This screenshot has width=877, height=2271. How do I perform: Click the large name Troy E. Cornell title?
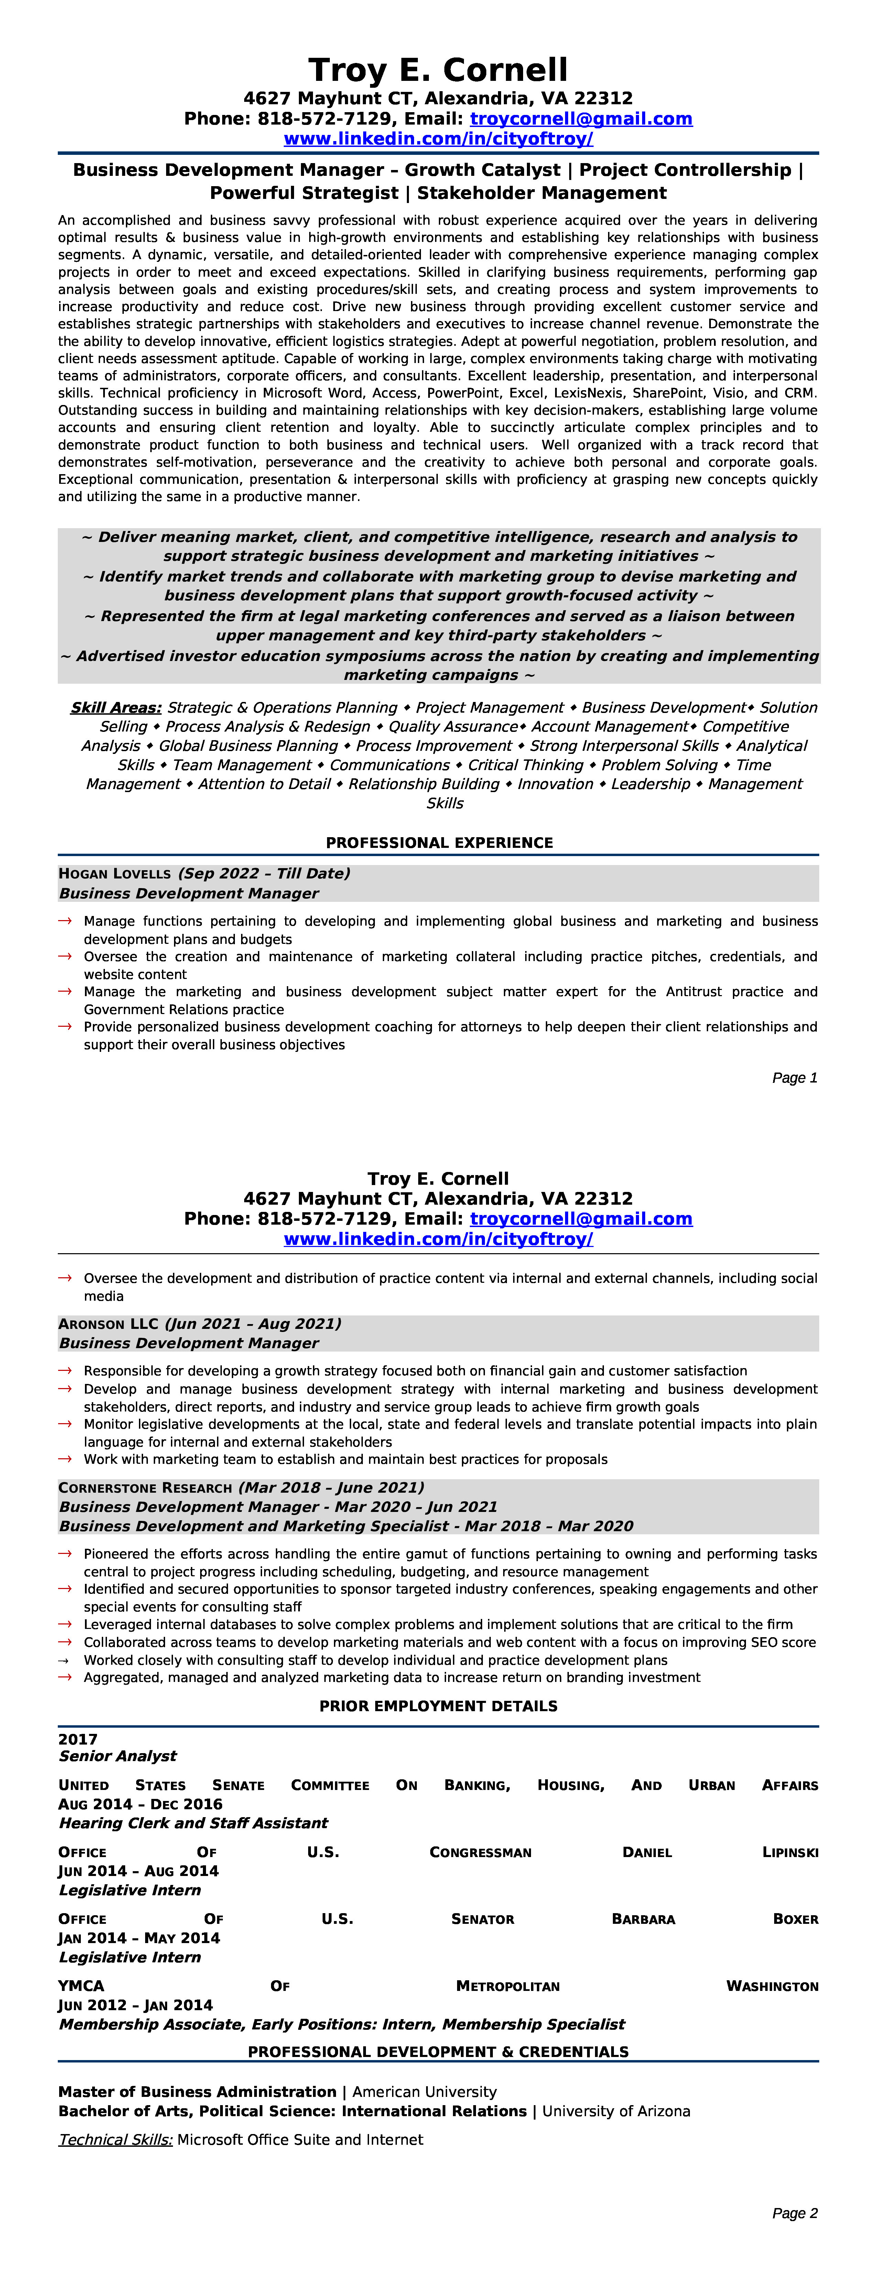click(x=438, y=70)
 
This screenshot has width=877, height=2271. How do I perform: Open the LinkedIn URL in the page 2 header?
click(x=438, y=1239)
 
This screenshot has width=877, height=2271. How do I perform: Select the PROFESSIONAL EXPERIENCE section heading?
click(x=439, y=843)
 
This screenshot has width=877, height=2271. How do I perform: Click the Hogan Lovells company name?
click(x=115, y=874)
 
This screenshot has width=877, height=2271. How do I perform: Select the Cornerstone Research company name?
click(x=144, y=1487)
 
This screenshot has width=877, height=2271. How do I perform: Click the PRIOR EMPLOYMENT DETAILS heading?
click(x=438, y=1706)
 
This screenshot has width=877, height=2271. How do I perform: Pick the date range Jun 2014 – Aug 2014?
click(x=138, y=1871)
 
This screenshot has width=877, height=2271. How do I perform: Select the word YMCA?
click(x=81, y=1986)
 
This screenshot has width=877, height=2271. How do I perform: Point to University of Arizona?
click(x=616, y=2111)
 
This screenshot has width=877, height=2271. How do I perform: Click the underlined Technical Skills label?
click(x=116, y=2140)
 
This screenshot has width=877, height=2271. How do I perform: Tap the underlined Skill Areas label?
click(x=116, y=708)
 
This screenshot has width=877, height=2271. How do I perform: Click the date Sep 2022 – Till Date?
click(x=263, y=874)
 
